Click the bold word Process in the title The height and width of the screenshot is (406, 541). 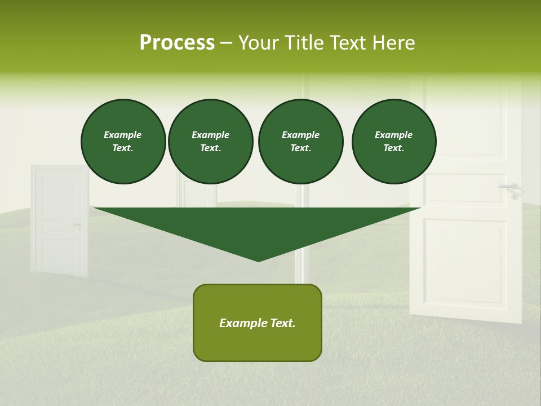pos(177,43)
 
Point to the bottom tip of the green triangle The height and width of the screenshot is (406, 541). pos(259,260)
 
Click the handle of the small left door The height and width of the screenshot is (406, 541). pos(77,226)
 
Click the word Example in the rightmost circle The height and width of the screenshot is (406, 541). pos(393,135)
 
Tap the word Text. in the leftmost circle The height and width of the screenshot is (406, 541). pos(123,148)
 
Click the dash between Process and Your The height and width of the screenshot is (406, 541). pos(226,43)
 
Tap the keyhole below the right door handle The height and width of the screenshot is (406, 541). pos(514,196)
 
